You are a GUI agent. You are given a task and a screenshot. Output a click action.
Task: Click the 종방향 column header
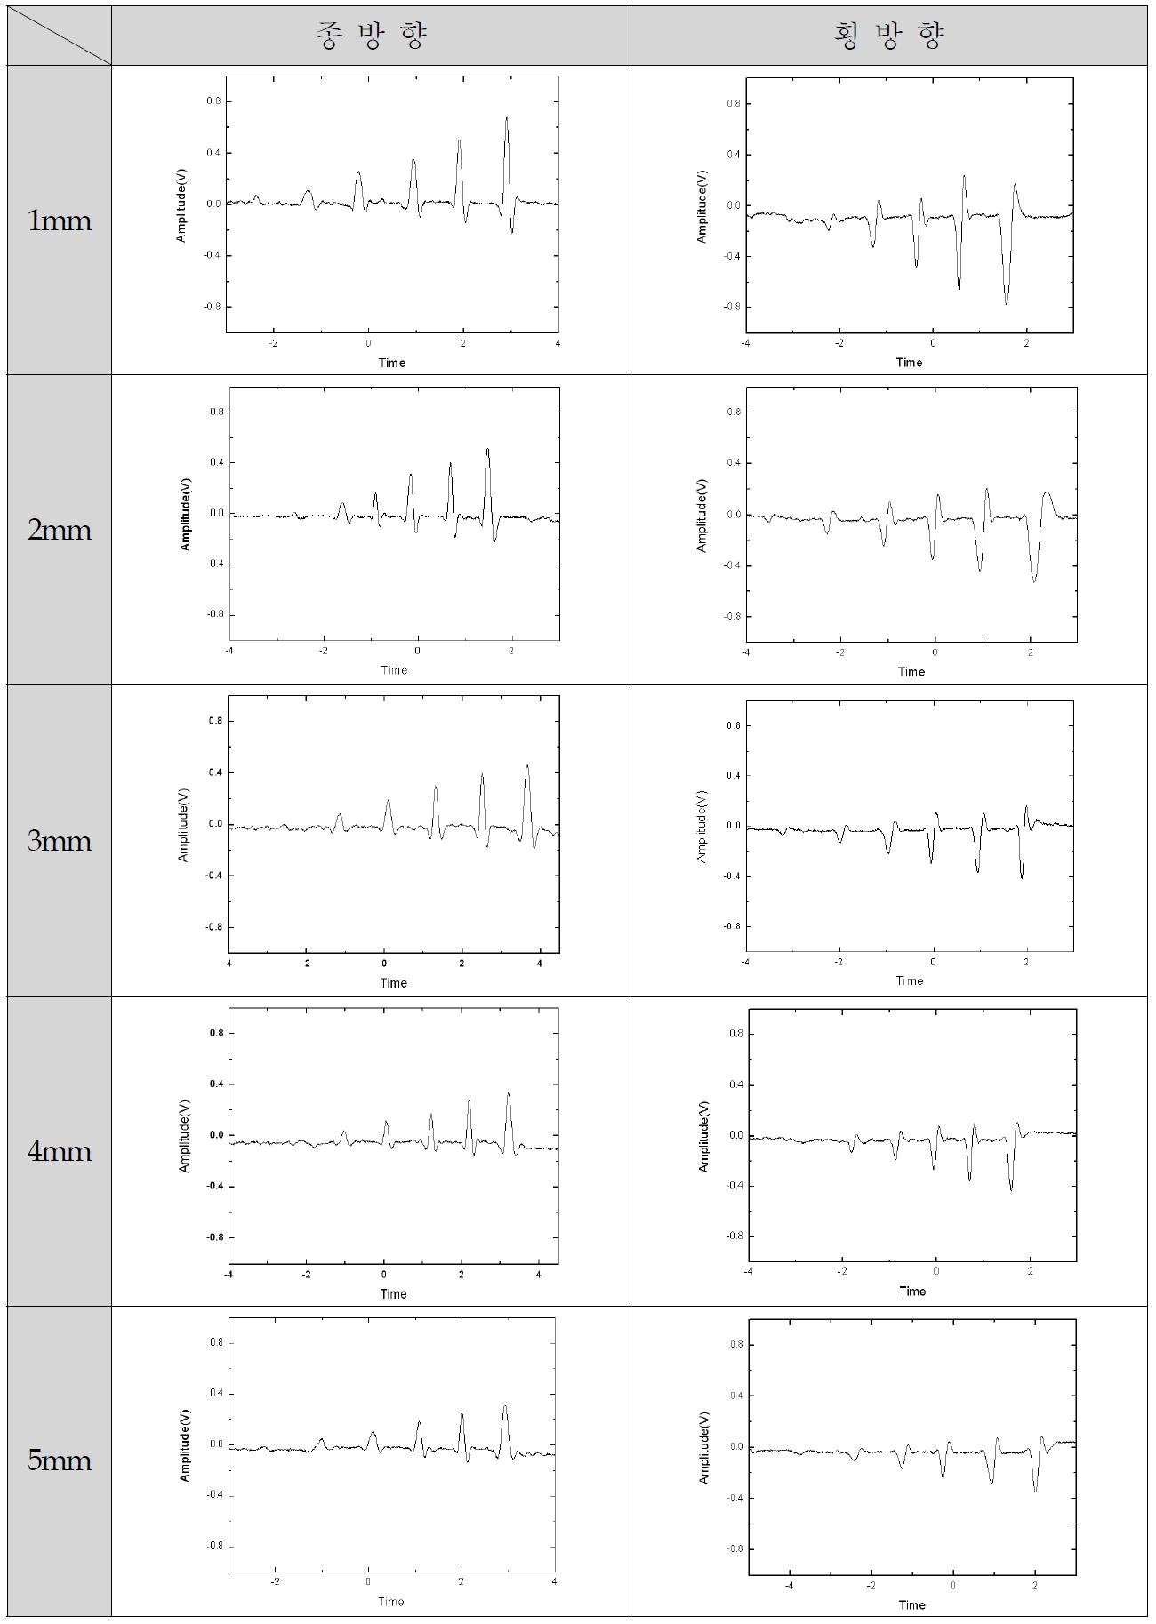coord(371,36)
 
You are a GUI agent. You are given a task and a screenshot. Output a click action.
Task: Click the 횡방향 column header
coord(888,36)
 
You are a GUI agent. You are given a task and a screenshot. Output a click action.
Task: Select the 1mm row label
coord(60,220)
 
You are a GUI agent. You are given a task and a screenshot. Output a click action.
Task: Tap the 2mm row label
coord(60,531)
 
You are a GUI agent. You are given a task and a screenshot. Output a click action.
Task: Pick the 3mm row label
coord(60,841)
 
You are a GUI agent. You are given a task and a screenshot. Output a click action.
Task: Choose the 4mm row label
coord(60,1151)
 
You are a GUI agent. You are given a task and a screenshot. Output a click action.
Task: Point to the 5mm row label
coord(60,1460)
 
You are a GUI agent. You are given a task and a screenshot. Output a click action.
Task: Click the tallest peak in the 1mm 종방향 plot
coord(506,117)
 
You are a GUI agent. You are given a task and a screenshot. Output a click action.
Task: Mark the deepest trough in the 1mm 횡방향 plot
coord(1007,304)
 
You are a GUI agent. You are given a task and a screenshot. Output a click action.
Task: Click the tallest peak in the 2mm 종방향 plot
coord(487,449)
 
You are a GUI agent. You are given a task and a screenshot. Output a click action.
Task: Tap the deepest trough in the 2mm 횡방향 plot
coord(1034,581)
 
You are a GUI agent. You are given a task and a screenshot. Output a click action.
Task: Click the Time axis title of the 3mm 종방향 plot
coord(393,982)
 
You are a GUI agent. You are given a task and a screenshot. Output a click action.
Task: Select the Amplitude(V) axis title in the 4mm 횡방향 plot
coord(704,1136)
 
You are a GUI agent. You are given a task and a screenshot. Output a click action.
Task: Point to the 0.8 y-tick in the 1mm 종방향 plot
coord(213,101)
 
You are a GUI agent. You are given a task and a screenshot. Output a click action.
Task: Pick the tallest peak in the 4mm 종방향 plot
coord(508,1093)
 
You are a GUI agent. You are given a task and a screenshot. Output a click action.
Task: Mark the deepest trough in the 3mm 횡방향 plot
coord(1022,877)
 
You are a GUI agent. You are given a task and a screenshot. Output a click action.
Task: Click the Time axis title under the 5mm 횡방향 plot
coord(911,1604)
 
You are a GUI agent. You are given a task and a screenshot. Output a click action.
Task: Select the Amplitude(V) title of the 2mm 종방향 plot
coord(186,515)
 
